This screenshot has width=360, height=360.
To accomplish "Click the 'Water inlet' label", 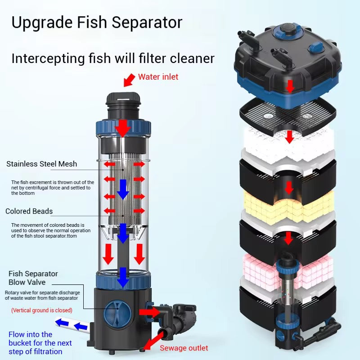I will coord(158,77).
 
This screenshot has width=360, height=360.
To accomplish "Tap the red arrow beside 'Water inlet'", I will coord(129,80).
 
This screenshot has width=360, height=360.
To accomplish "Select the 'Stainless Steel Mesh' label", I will coord(41,164).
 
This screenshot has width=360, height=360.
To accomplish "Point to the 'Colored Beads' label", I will coord(29,211).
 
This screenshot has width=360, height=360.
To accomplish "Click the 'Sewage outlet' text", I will coord(184,348).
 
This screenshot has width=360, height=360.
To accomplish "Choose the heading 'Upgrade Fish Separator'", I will coord(97,22).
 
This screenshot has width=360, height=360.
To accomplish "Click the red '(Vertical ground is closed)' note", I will coord(41,310).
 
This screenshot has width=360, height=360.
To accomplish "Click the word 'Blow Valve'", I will coord(27,283).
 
